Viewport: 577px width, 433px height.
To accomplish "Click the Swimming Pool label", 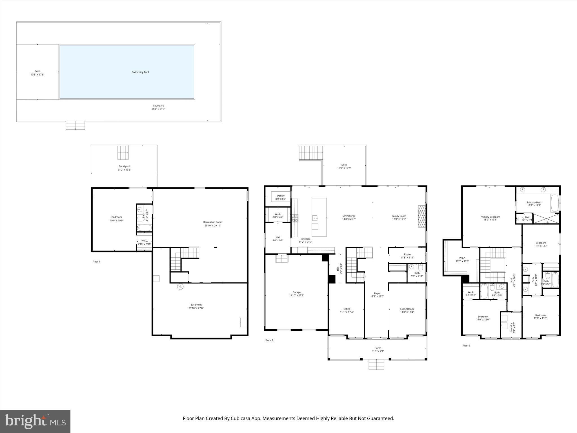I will (140, 72).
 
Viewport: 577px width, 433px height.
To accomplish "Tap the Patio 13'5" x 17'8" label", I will (37, 73).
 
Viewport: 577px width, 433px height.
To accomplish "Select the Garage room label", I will (296, 294).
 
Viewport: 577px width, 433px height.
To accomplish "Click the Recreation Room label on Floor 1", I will (213, 224).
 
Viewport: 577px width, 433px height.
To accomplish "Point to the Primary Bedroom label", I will (490, 218).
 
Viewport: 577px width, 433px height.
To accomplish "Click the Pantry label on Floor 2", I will (281, 197).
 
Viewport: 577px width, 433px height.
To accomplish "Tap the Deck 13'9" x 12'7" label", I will (344, 166).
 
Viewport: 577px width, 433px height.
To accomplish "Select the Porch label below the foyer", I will (378, 349).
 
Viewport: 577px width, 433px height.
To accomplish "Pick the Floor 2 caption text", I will (269, 340).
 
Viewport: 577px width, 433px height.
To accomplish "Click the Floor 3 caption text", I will (467, 346).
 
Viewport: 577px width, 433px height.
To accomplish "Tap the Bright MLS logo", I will (35, 421).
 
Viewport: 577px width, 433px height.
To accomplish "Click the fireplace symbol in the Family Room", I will (421, 216).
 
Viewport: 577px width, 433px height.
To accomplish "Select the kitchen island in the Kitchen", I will (319, 217).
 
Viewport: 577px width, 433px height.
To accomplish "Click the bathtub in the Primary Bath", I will (555, 203).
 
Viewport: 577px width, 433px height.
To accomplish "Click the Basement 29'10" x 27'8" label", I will (196, 306).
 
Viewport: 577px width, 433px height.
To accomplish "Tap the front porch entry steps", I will (376, 364).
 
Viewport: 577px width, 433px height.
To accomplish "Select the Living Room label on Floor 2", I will (407, 310).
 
